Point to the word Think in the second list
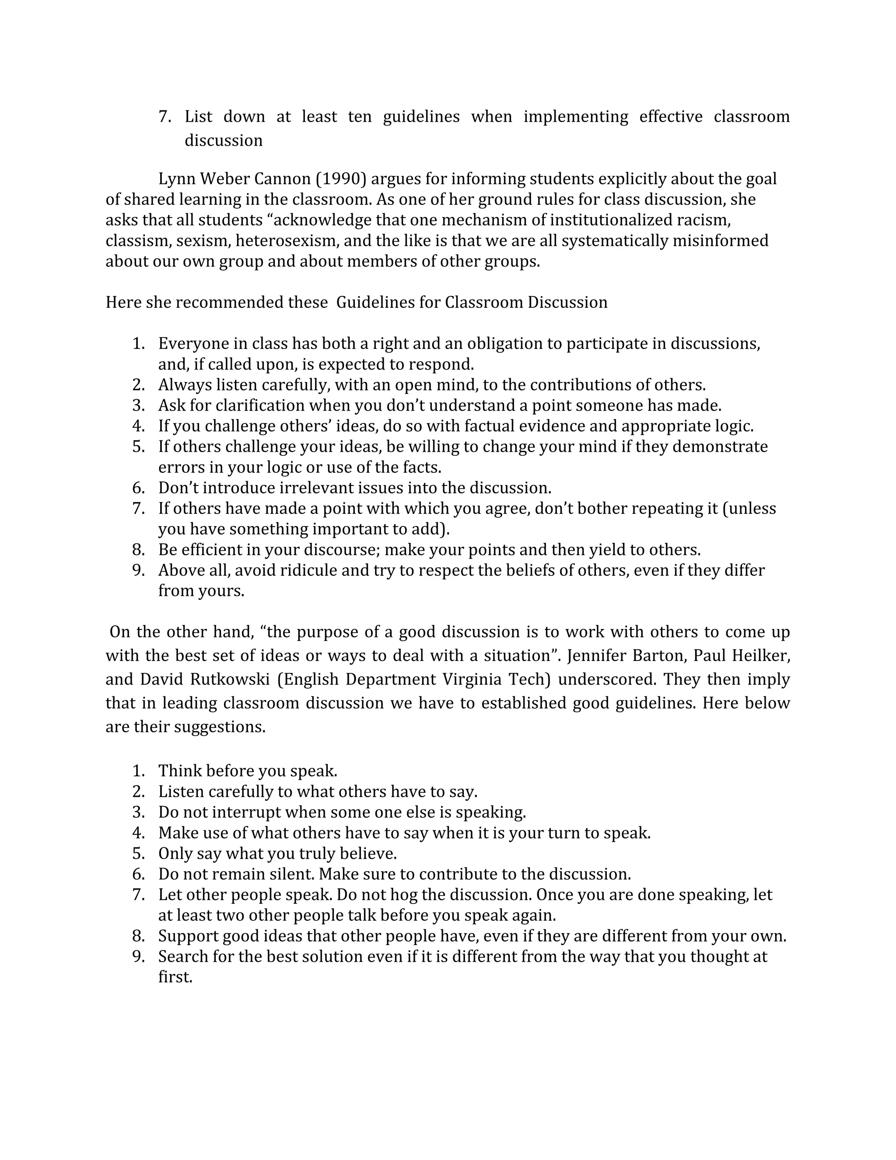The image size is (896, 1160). pyautogui.click(x=180, y=771)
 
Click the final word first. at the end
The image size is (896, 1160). pyautogui.click(x=175, y=977)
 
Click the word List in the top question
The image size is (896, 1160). pyautogui.click(x=198, y=117)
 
